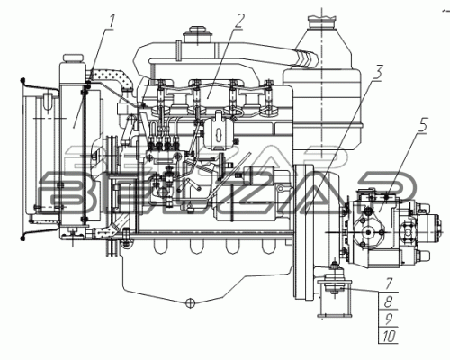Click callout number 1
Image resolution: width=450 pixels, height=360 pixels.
111,22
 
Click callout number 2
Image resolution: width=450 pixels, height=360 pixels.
239,21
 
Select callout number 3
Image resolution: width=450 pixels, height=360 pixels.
377,73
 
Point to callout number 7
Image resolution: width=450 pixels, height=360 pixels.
389,283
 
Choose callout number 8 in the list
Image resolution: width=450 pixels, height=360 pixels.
388,301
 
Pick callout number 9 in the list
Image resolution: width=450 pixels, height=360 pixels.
389,319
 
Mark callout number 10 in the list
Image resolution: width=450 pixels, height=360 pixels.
389,337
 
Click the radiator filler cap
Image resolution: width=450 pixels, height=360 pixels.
73,58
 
